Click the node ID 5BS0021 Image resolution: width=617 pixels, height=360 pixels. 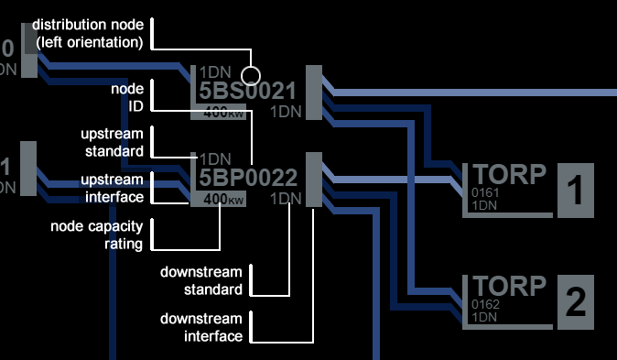[x=247, y=91]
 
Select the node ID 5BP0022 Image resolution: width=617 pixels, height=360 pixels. [x=248, y=178]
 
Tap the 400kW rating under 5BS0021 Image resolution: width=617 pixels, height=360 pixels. [x=223, y=113]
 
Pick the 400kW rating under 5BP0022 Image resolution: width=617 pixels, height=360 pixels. [x=223, y=200]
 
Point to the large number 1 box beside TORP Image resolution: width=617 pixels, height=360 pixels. [x=576, y=191]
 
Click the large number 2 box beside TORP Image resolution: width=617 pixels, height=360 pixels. [x=576, y=302]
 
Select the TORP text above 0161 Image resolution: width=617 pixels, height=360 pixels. [x=509, y=174]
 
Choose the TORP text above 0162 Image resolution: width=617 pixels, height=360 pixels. [x=509, y=286]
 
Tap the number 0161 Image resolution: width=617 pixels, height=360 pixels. [x=485, y=192]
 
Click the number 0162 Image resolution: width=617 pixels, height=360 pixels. [x=485, y=304]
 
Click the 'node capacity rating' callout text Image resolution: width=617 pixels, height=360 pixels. [x=97, y=235]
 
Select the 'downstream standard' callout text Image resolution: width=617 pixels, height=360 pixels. [x=201, y=281]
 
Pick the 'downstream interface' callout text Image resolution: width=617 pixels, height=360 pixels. [x=201, y=327]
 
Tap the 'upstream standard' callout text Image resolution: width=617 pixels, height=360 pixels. [x=113, y=142]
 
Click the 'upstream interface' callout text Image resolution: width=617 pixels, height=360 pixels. [x=113, y=188]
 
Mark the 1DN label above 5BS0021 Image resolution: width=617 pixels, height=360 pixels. [x=215, y=72]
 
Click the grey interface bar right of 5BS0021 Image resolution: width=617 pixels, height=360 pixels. [x=314, y=93]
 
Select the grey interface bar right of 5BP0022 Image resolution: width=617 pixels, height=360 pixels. [x=314, y=180]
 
